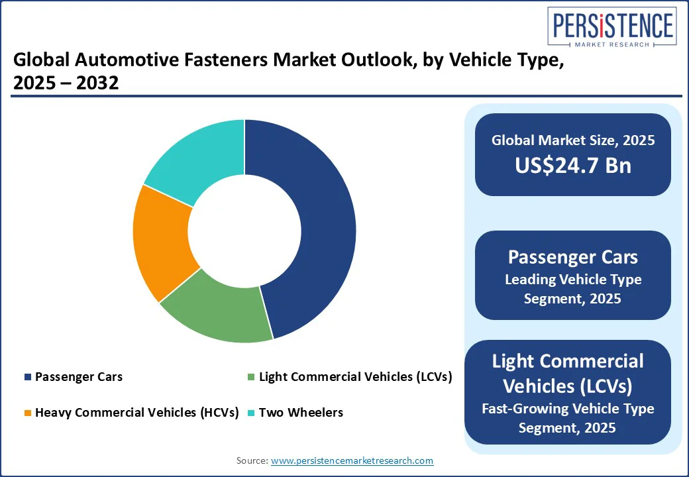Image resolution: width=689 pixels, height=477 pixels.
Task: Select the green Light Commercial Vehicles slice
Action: click(215, 315)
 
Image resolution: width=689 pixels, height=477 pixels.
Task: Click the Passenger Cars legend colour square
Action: click(27, 377)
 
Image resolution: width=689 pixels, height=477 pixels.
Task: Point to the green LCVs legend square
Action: click(250, 377)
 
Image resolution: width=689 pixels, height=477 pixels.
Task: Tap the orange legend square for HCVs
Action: click(27, 413)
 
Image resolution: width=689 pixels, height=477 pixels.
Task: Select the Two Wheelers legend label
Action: click(301, 413)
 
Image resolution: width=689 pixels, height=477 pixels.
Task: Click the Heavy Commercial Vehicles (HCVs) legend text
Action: click(136, 413)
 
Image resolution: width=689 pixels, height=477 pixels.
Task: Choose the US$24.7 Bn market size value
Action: click(573, 165)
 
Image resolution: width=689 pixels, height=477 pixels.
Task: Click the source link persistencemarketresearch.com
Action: click(352, 460)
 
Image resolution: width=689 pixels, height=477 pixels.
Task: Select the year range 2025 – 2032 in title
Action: click(66, 84)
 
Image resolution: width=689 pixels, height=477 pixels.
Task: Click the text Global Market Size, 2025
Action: click(573, 140)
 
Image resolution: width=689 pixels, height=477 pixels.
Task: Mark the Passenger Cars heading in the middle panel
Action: click(573, 256)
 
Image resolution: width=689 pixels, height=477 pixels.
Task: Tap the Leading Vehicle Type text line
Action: click(573, 280)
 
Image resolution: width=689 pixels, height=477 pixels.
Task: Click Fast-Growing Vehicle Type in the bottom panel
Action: click(568, 408)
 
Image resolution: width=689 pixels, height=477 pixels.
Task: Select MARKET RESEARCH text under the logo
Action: click(611, 46)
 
